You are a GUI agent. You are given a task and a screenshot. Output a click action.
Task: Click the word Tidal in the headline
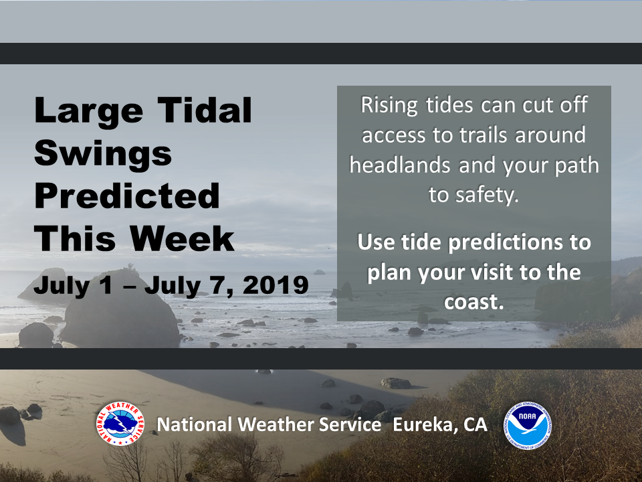coord(205,110)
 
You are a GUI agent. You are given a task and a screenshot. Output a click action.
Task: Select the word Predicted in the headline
coord(127,195)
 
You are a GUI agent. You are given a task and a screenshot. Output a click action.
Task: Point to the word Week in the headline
coord(182,238)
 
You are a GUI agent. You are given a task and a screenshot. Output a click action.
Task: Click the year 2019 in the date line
coord(275,285)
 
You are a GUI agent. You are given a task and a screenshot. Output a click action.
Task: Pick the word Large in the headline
coord(89,110)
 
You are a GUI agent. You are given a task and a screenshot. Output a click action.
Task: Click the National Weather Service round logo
coord(120,423)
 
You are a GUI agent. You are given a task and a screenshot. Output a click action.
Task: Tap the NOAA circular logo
coord(528,426)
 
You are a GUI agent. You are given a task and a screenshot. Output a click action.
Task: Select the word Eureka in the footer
coord(423,424)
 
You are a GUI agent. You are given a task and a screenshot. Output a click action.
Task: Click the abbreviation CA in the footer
coord(475,424)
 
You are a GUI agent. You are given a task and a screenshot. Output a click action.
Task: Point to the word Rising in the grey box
coord(389,105)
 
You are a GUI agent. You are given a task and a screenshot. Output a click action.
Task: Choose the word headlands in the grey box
coord(400,165)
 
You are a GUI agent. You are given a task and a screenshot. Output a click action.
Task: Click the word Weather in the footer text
coord(276,424)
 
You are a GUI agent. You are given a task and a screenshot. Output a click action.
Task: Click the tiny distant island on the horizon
coord(320,272)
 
